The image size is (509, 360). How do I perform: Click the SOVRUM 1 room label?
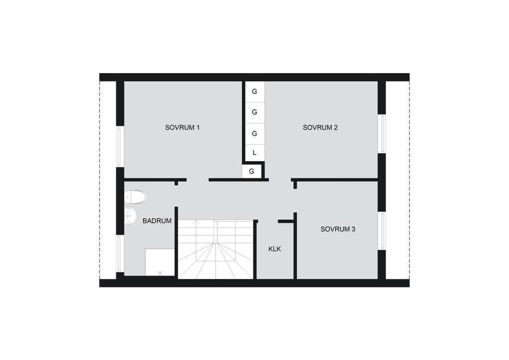pyautogui.click(x=182, y=128)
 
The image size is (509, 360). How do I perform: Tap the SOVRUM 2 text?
pyautogui.click(x=320, y=128)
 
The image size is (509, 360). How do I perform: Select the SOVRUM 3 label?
pyautogui.click(x=338, y=229)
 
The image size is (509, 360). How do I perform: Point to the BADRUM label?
pyautogui.click(x=157, y=221)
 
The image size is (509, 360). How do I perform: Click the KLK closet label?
pyautogui.click(x=274, y=249)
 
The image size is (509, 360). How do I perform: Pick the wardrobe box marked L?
pyautogui.click(x=254, y=153)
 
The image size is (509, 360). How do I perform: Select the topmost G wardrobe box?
pyautogui.click(x=254, y=91)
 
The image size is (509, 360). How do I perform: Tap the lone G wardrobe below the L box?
pyautogui.click(x=252, y=172)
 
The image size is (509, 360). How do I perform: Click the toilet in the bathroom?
pyautogui.click(x=136, y=197)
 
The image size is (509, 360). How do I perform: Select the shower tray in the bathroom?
pyautogui.click(x=160, y=262)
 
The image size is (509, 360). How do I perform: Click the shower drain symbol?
pyautogui.click(x=160, y=273)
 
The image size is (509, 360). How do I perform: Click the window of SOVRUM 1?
pyautogui.click(x=120, y=146)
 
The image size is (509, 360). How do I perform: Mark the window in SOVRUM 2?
pyautogui.click(x=382, y=134)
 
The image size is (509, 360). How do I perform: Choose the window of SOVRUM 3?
pyautogui.click(x=382, y=231)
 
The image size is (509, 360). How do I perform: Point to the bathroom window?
pyautogui.click(x=120, y=254)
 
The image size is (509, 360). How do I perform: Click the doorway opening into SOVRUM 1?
pyautogui.click(x=197, y=180)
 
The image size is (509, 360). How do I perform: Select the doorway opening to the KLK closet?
pyautogui.click(x=268, y=221)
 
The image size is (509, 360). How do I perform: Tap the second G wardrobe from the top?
pyautogui.click(x=254, y=112)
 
